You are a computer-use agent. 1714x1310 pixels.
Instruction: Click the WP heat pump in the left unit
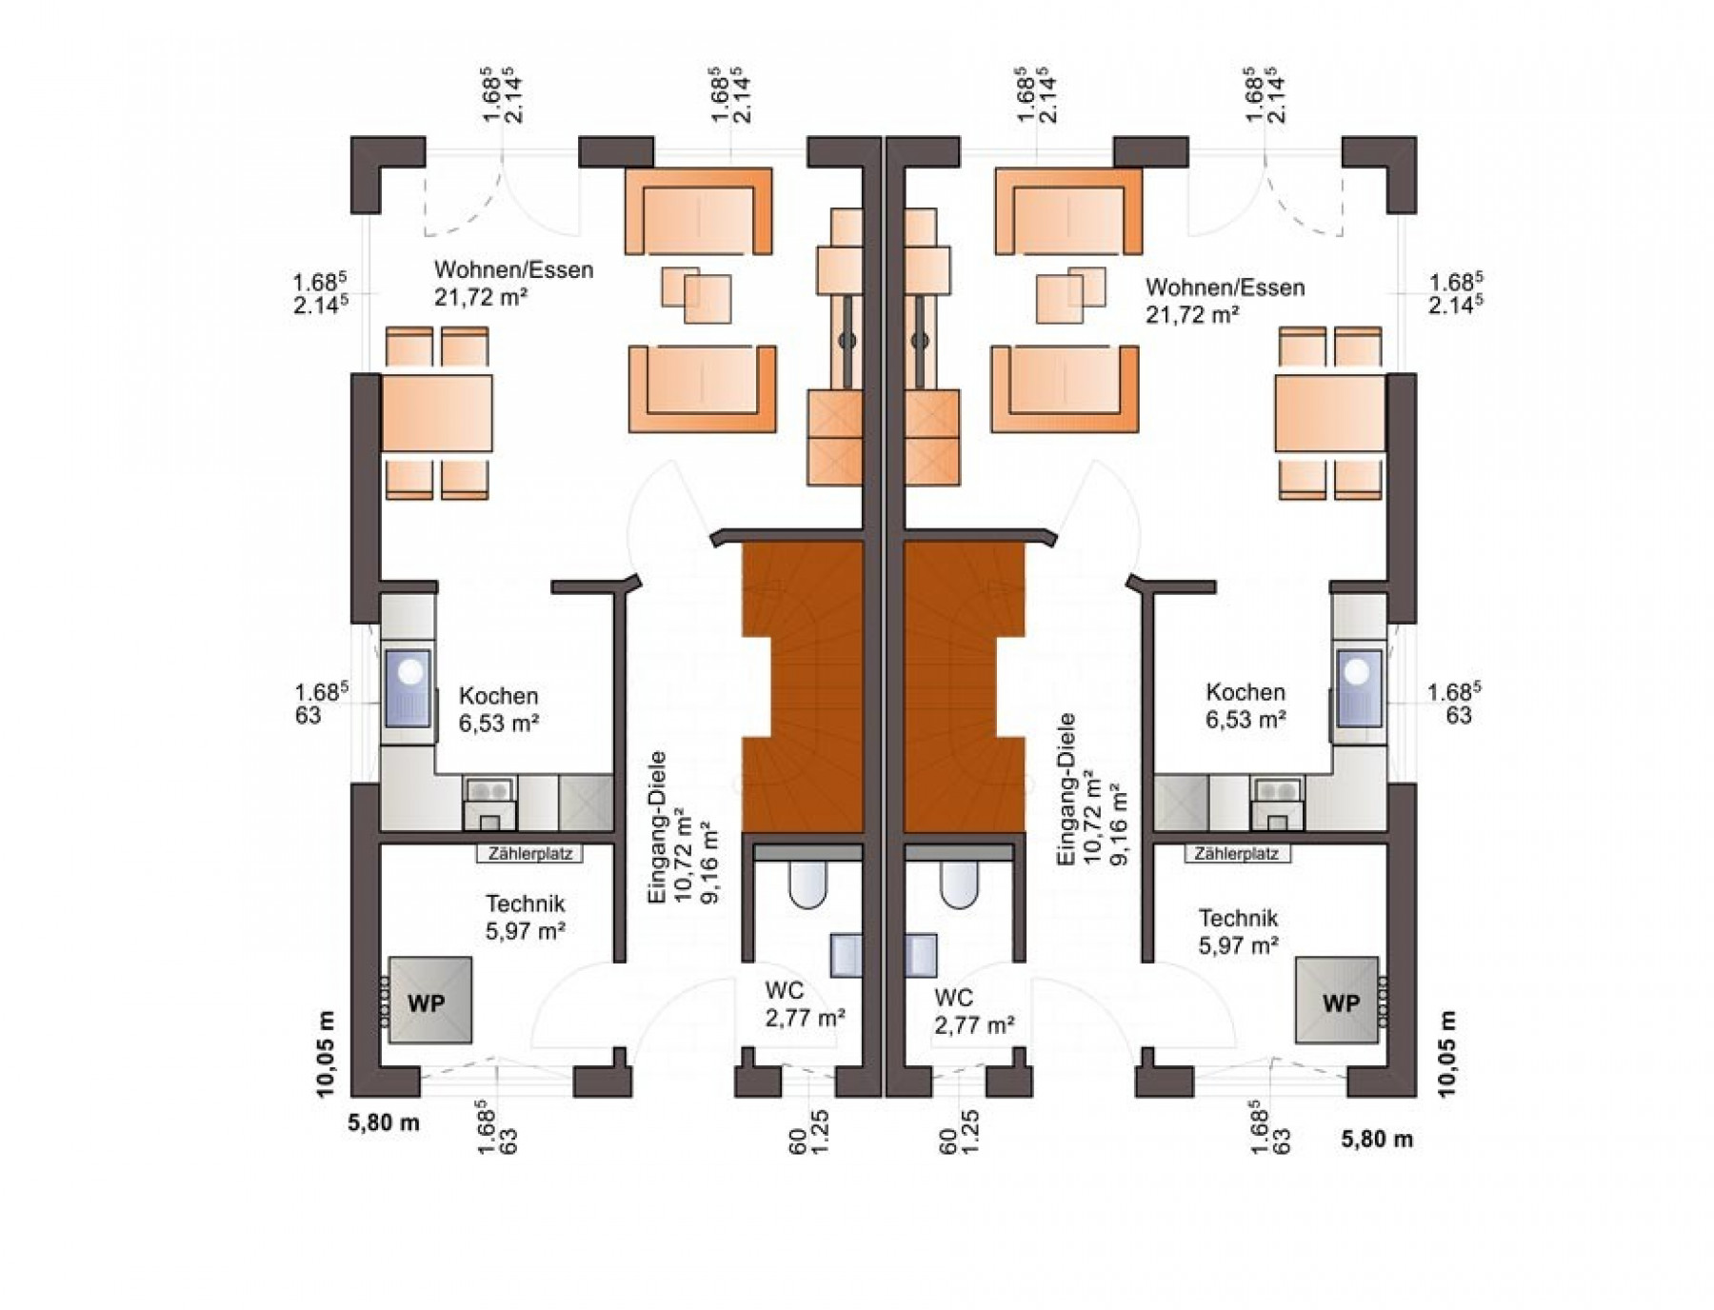(x=428, y=1001)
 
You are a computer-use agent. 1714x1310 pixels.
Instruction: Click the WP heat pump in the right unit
(x=1338, y=1001)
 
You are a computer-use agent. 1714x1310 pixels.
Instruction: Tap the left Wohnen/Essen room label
(x=513, y=283)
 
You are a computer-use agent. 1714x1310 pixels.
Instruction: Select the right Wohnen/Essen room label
(x=1225, y=300)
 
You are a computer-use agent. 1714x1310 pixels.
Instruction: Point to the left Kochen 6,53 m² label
(x=499, y=709)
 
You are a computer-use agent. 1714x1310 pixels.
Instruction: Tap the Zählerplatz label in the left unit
(x=530, y=854)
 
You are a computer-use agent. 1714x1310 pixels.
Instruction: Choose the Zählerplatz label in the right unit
(x=1237, y=854)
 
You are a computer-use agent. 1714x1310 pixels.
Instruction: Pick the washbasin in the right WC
(x=920, y=956)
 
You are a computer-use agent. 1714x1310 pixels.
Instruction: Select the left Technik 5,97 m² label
(x=526, y=917)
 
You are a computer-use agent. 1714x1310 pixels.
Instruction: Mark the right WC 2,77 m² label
(x=973, y=1011)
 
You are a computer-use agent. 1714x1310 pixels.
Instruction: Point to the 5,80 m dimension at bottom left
(x=384, y=1122)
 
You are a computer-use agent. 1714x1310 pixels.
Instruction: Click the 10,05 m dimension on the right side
(x=1448, y=1054)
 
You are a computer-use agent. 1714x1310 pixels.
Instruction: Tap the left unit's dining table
(x=437, y=413)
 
